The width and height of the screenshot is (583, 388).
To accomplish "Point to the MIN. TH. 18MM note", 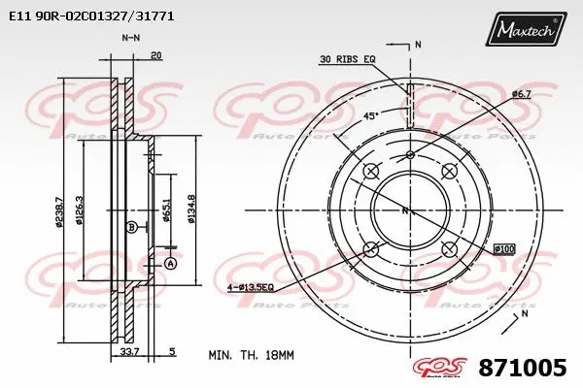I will pos(251,356).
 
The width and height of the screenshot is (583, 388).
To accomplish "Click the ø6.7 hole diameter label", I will pos(521,93).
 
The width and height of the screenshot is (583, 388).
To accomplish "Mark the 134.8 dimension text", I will pos(190,209).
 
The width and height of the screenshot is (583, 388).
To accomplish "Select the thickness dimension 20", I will pos(156,55).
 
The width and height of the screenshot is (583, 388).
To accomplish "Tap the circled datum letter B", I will pos(131,227).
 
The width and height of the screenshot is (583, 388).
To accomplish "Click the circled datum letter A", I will pos(171,264).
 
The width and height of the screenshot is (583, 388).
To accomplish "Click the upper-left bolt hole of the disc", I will pos(370,172).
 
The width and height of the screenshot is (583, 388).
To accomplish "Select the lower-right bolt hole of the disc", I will pos(449,249).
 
